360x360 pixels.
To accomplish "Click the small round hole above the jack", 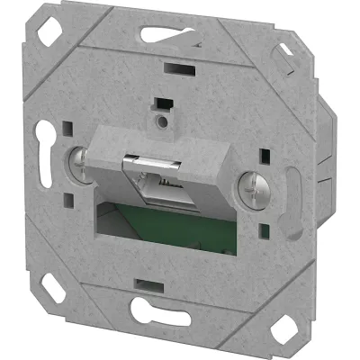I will click(x=163, y=118).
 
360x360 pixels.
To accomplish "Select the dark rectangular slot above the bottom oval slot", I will click(x=144, y=284).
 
